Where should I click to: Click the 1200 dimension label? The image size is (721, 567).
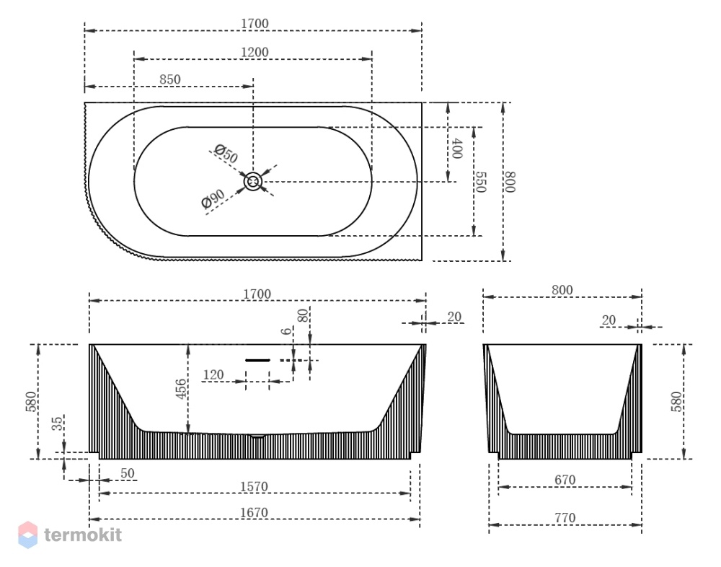(255, 52)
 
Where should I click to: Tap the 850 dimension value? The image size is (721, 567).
(170, 79)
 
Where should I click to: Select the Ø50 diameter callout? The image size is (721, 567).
(226, 154)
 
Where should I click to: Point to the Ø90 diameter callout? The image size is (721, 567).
(213, 199)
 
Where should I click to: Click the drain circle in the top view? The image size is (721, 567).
(252, 181)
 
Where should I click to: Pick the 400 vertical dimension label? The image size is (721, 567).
(456, 148)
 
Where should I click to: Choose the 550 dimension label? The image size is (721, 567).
(480, 183)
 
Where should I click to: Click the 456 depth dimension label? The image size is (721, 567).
(181, 389)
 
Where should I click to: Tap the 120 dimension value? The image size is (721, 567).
(213, 375)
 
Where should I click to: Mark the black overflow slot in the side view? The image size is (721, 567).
(257, 360)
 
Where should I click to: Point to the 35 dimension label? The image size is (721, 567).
(57, 423)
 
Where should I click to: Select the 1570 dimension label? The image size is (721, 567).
(254, 486)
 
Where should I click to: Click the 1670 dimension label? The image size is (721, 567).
(254, 512)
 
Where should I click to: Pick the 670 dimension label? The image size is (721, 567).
(565, 480)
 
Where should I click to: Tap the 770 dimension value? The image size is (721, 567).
(565, 518)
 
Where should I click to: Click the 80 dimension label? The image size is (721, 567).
(303, 316)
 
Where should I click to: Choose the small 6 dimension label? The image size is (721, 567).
(286, 331)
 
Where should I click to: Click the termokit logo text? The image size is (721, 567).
(83, 535)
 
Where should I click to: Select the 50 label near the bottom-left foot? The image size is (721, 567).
(128, 473)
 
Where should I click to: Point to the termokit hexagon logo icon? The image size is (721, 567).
(27, 535)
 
